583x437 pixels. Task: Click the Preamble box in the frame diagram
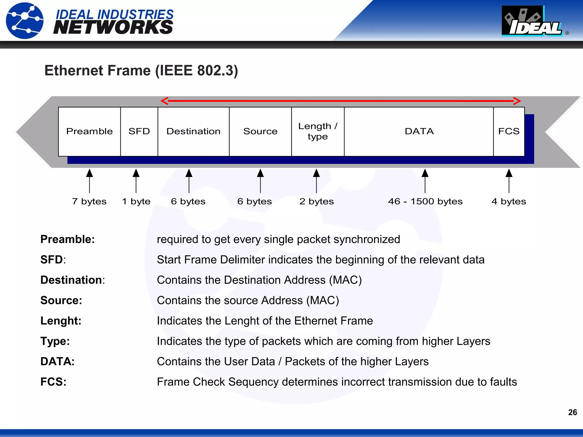pos(89,131)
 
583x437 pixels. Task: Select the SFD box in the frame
pos(139,131)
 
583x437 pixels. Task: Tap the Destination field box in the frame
pos(194,131)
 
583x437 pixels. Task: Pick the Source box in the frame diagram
pos(260,131)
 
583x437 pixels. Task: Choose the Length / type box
pos(318,131)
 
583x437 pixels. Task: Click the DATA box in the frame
pos(419,131)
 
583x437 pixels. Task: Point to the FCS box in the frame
pos(509,131)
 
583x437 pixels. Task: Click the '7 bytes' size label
pos(89,201)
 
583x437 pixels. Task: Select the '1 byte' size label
pos(136,201)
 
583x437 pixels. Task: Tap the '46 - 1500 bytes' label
pos(425,201)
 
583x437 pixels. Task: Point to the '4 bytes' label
pos(509,201)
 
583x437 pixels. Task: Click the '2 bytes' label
pos(317,201)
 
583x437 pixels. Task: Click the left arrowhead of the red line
pos(165,101)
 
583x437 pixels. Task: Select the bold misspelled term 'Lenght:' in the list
pos(61,321)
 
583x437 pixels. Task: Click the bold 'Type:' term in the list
pos(55,341)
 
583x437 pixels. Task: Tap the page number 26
pos(572,412)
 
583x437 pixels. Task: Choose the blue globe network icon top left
pos(25,20)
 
